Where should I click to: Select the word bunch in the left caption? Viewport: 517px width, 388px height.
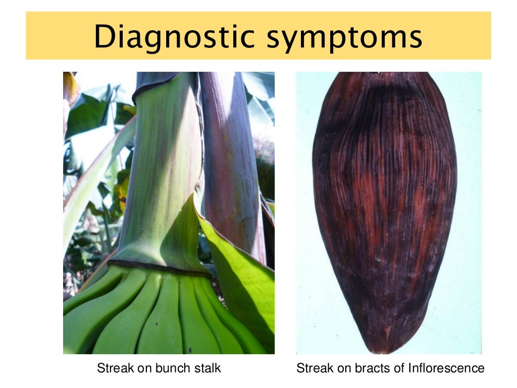coord(168,368)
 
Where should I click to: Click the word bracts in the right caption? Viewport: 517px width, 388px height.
coord(370,368)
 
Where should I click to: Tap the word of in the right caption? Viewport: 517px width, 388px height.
coord(399,368)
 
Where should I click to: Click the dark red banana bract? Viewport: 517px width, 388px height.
coord(384,202)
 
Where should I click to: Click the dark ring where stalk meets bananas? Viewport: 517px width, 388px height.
coord(157,267)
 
